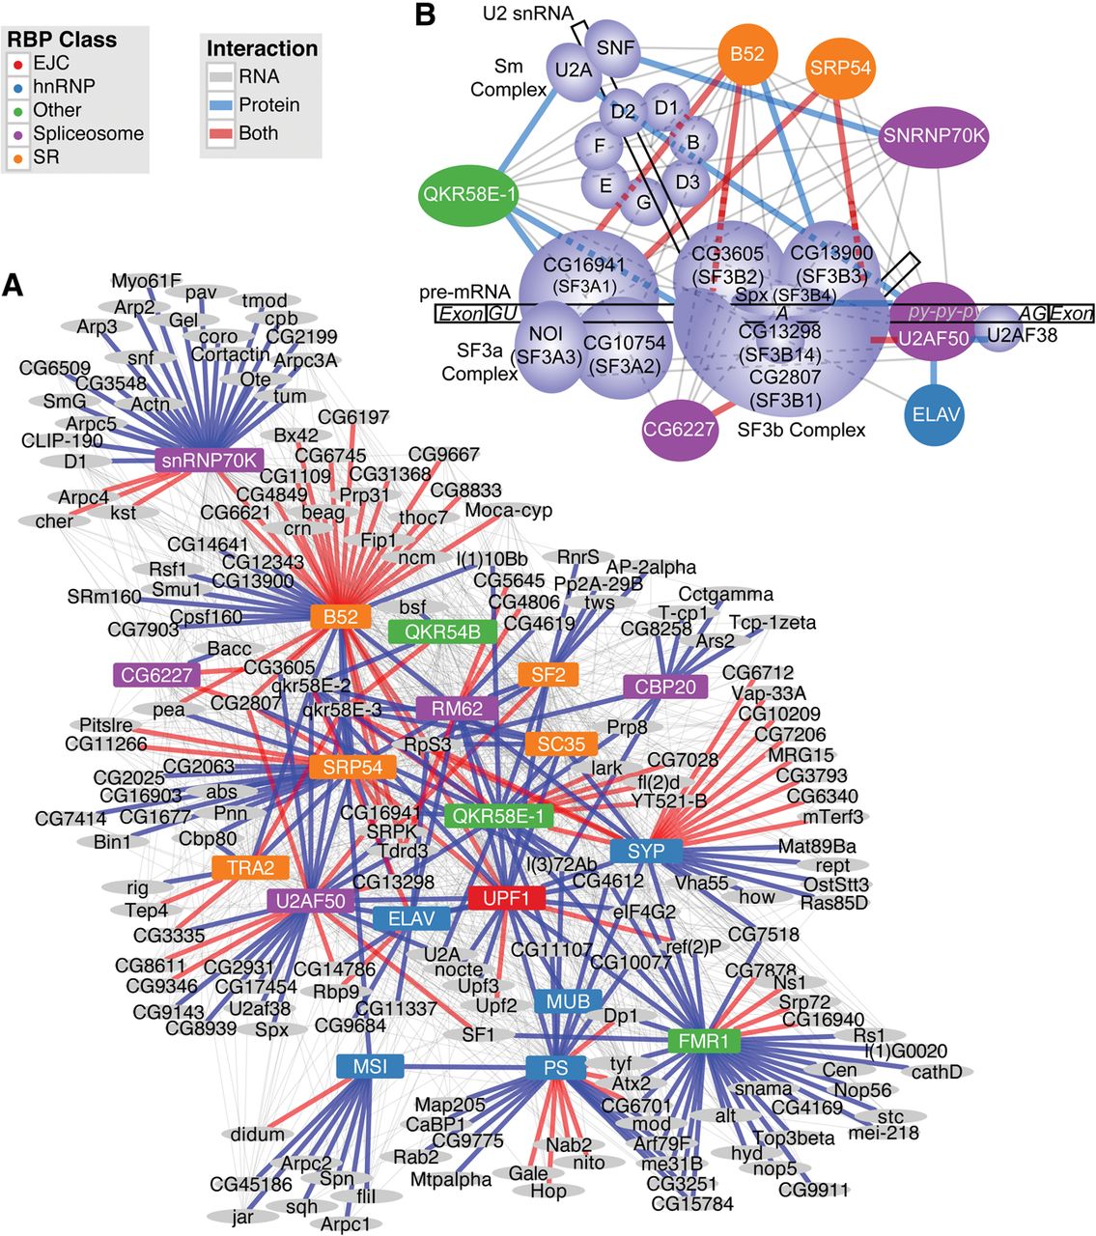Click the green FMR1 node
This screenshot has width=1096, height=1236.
(x=703, y=1041)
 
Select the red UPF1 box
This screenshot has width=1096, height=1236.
(x=506, y=898)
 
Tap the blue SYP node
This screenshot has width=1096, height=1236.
(x=646, y=851)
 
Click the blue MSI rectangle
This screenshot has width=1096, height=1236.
(x=370, y=1066)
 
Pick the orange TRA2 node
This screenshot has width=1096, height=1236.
(x=250, y=867)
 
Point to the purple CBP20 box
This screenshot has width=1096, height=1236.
(x=665, y=687)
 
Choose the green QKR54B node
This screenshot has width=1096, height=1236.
(x=442, y=632)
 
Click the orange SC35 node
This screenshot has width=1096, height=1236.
(x=561, y=744)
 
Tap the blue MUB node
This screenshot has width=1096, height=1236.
(x=568, y=1000)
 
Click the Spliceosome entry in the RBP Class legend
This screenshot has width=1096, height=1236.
(x=88, y=133)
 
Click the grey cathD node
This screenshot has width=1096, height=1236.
(x=936, y=1071)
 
